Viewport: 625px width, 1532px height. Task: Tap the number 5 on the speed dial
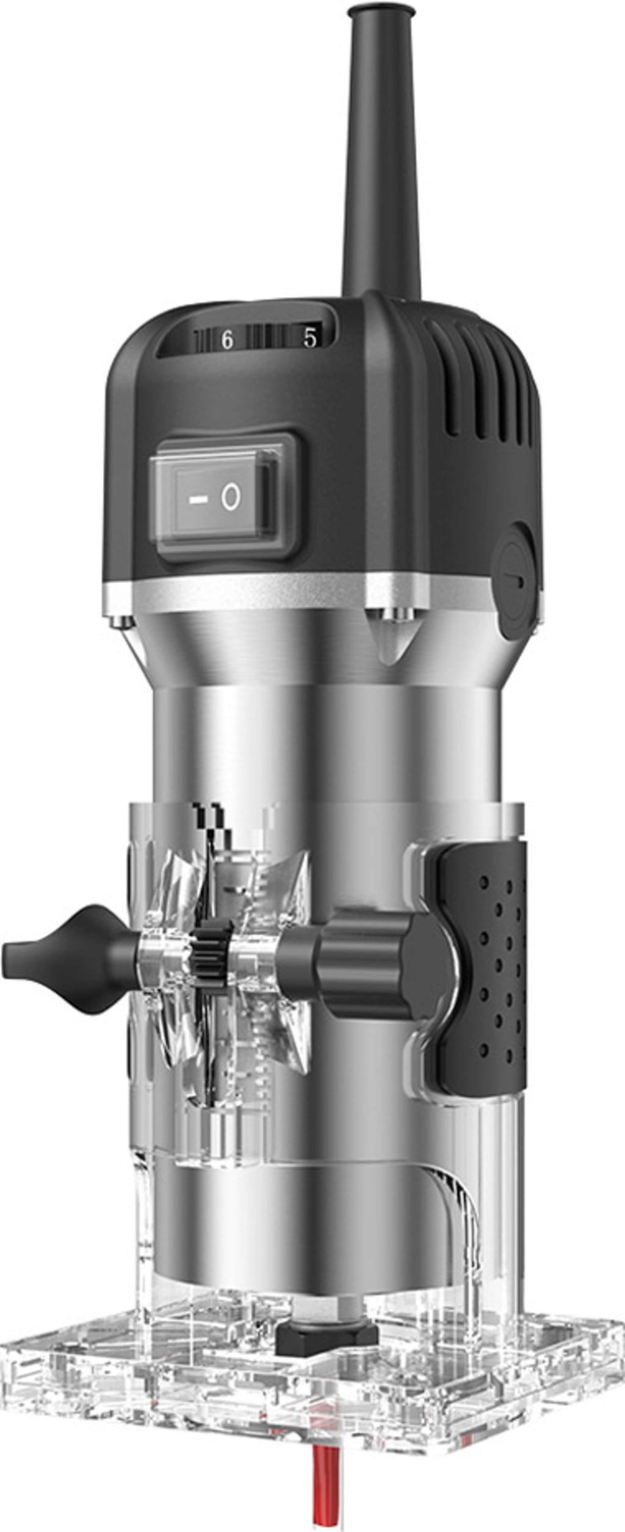pyautogui.click(x=311, y=338)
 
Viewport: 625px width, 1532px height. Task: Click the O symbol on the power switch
pyautogui.click(x=230, y=498)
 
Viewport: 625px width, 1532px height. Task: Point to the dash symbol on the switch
pyautogui.click(x=196, y=499)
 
